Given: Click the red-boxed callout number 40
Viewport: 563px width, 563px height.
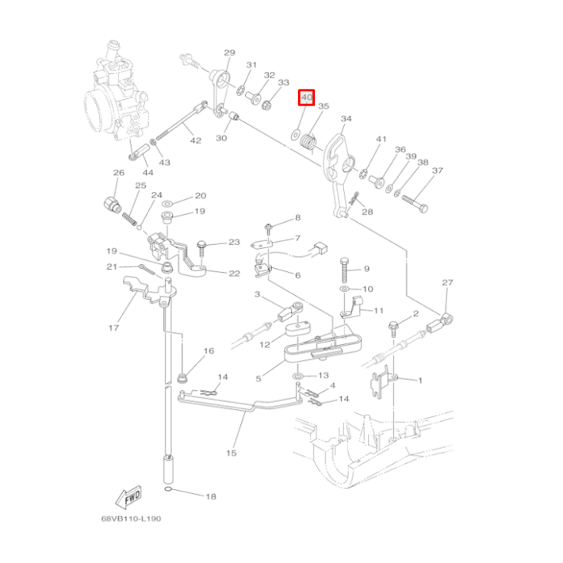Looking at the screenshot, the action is pos(306,98).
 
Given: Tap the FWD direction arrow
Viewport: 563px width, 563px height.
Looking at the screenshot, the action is pos(128,496).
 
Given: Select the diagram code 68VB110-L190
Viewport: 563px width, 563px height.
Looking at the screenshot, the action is pos(131,519).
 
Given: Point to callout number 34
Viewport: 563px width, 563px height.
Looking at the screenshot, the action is pos(347,118).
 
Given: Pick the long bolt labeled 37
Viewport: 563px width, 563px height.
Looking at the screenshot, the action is pos(415,203).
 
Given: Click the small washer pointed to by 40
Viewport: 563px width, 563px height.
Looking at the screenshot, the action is pos(295,135).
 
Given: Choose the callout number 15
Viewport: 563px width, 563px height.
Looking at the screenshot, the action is pos(232,453).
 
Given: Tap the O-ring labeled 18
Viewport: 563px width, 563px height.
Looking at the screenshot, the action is pos(169,490).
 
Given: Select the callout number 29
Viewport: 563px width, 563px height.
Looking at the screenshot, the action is pos(229,53).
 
